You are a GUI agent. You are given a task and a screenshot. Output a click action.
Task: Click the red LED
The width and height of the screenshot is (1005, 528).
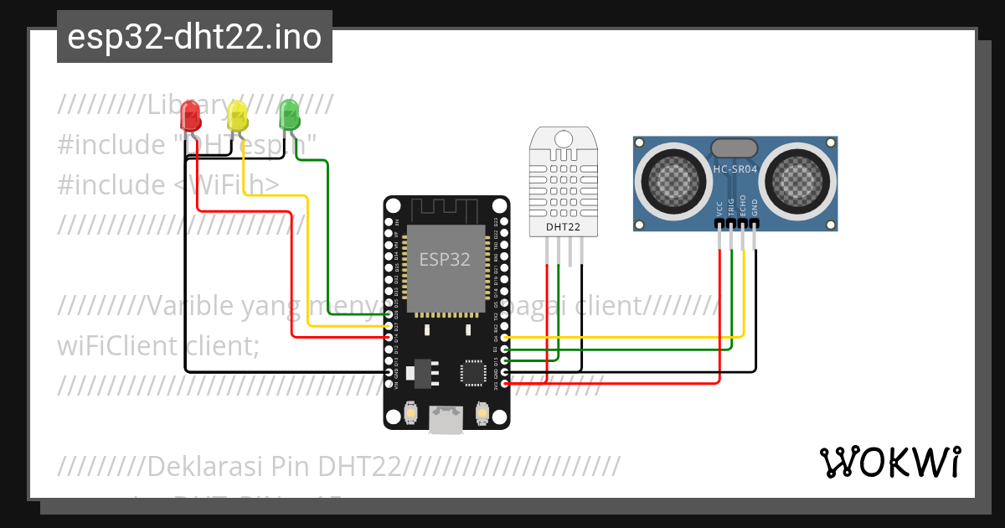tap(191, 114)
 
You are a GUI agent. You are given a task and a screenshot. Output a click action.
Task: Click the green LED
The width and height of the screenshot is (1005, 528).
tap(289, 113)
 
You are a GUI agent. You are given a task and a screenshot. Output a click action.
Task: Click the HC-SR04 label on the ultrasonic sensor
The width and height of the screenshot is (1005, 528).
tap(734, 170)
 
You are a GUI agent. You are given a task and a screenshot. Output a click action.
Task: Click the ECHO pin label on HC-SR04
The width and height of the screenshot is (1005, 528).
tap(744, 207)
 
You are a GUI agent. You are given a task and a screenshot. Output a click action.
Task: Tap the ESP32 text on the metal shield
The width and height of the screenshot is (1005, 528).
tap(445, 259)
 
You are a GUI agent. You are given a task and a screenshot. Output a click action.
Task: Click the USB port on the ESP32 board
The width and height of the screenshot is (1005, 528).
tap(446, 418)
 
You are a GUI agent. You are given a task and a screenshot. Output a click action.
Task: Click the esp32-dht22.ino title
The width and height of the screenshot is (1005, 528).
tap(194, 37)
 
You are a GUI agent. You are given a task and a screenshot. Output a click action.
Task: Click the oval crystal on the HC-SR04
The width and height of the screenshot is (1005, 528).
tap(734, 148)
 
